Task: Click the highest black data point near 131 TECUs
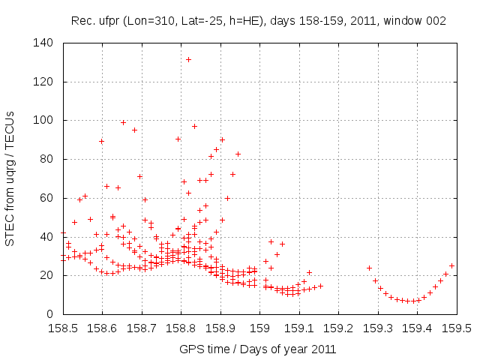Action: pos(189,59)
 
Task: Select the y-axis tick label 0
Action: pos(51,314)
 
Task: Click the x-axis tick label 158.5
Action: pos(63,328)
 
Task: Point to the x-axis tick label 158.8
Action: pos(181,328)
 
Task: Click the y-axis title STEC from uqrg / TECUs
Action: pos(10,178)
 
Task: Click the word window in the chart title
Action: pos(407,21)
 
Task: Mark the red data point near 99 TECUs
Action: pos(124,122)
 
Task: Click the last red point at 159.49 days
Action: pos(452,265)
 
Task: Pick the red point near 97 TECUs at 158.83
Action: pos(194,126)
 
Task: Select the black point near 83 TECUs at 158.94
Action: pos(238,154)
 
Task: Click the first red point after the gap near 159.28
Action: pos(369,268)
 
